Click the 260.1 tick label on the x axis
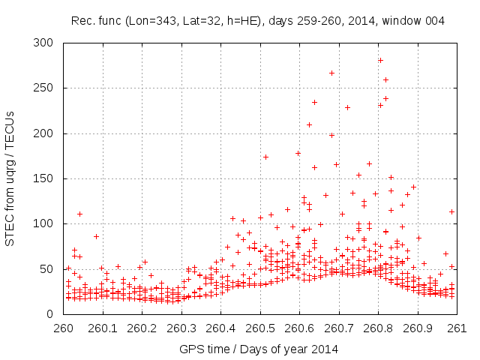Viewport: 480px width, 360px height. coord(102,328)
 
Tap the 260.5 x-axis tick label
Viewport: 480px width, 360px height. coord(259,328)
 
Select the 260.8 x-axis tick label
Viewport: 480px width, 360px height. coord(378,328)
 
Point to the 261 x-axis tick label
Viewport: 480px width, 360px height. coord(457,328)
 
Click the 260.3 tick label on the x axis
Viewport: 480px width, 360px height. coord(181,328)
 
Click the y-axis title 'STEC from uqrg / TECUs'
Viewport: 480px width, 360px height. coord(10,178)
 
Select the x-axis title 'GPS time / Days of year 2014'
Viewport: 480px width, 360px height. coord(259,349)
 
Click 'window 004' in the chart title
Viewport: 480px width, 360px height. coord(413,21)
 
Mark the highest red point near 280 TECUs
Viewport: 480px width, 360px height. coord(380,60)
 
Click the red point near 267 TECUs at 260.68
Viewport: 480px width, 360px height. coord(331,73)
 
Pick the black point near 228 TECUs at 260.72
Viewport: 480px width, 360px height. coord(347,107)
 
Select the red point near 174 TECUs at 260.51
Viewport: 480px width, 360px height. coord(265,157)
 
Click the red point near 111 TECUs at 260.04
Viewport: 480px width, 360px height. coord(79,214)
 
